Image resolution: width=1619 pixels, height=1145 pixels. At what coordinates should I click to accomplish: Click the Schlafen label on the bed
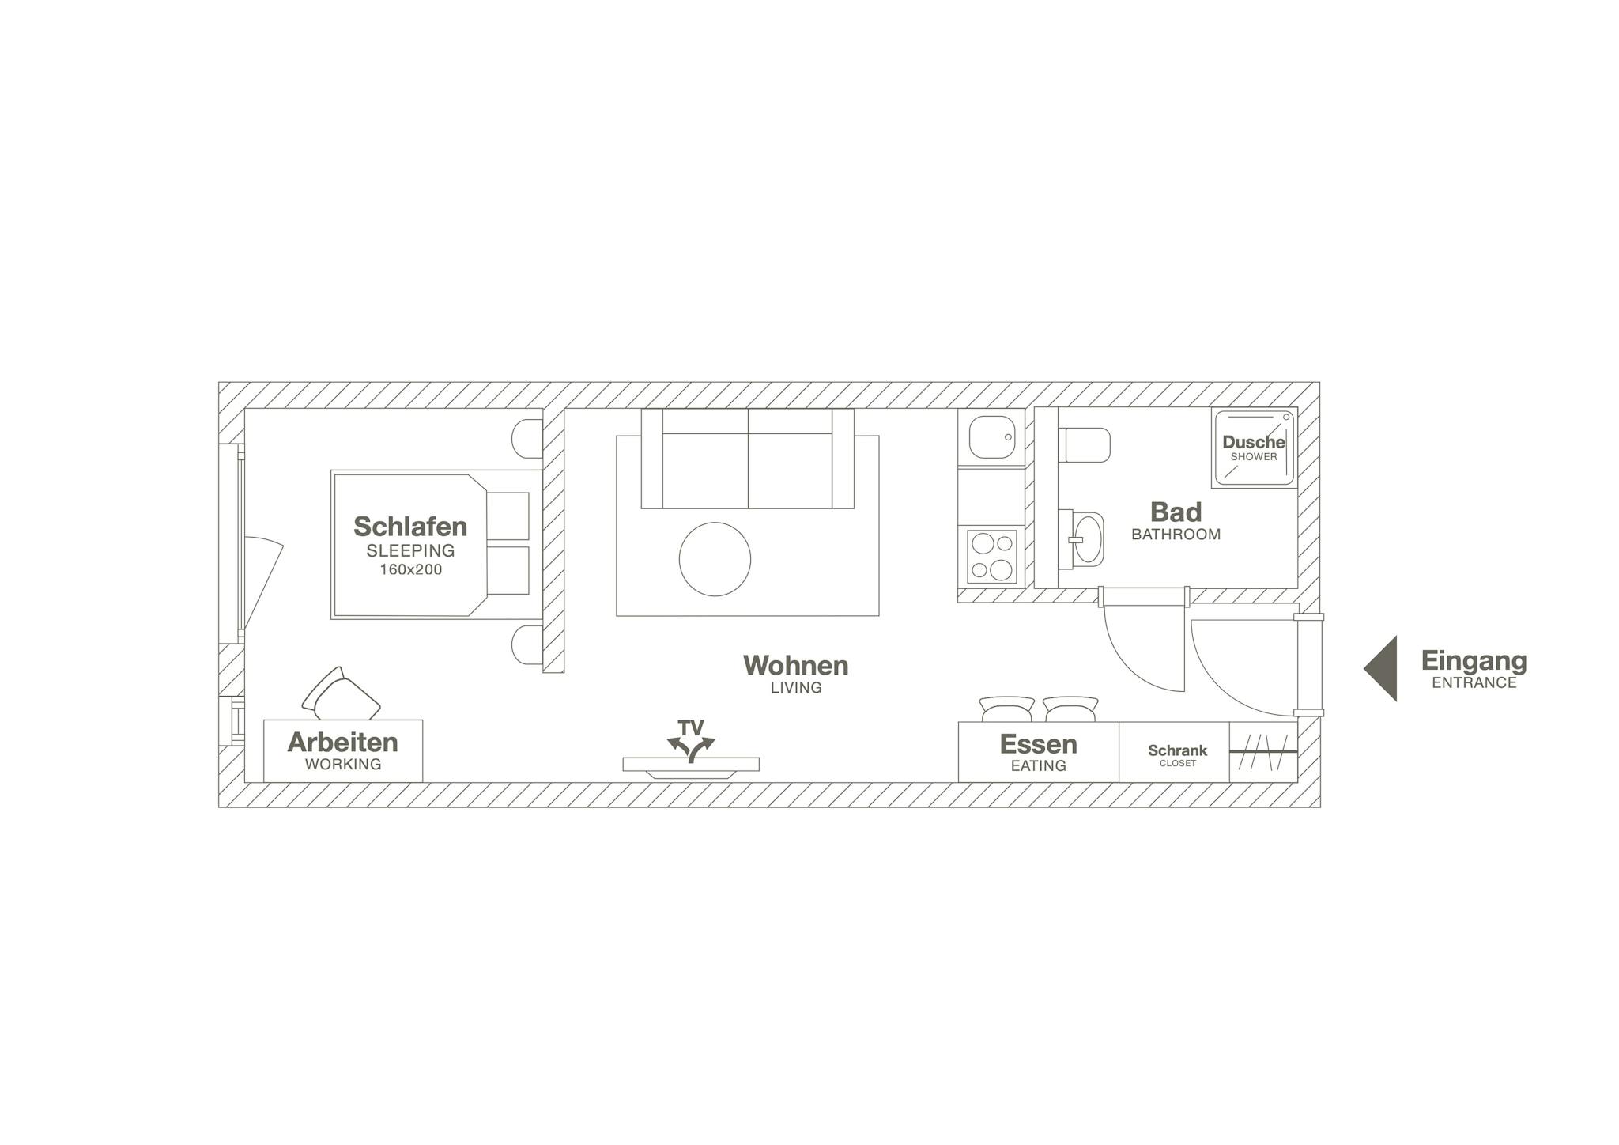410,526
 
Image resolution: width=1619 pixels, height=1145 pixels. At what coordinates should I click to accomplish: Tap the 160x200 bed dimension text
410,569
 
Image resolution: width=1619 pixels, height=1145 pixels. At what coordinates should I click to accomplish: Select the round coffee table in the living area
715,559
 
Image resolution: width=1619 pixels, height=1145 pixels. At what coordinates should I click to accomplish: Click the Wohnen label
795,665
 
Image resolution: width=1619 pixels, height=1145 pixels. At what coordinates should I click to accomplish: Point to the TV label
691,727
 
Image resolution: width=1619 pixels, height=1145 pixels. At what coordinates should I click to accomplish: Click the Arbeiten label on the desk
342,742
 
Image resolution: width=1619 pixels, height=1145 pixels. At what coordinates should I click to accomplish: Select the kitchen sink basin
992,436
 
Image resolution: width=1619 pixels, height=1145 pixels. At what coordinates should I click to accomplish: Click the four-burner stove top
992,557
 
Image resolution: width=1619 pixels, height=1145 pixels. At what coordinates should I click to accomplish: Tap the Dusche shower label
1254,443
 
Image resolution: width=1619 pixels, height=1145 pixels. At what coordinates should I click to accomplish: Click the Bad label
1176,512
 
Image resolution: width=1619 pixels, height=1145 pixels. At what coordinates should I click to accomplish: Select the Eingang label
1474,660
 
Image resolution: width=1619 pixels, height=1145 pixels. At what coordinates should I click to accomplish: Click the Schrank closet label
1177,750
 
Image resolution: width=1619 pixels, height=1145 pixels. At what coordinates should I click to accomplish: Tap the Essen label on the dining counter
1038,744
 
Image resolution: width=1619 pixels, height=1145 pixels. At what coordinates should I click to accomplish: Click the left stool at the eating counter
1006,709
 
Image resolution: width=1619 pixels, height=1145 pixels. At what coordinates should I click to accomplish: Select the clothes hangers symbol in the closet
1263,752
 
